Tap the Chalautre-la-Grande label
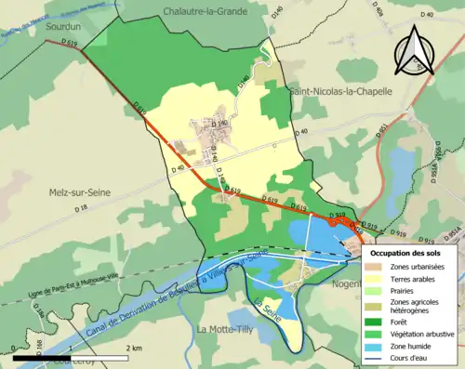pos(206,11)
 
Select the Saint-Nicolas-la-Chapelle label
pos(340,91)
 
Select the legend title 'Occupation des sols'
pos(406,253)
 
